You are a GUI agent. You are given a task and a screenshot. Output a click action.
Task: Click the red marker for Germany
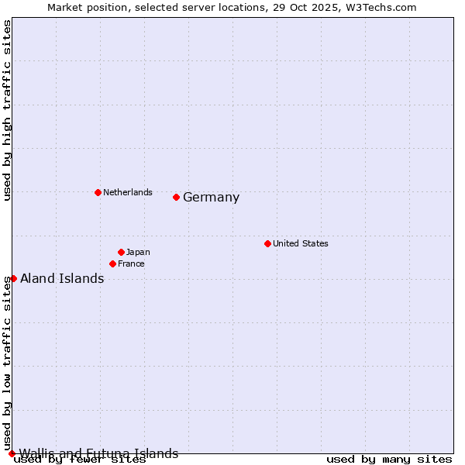177,197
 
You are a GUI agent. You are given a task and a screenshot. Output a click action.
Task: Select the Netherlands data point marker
98,192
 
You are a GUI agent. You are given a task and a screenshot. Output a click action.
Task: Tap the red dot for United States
267,243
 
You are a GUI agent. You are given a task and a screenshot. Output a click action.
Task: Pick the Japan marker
122,252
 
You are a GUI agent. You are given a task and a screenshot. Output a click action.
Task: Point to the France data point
113,263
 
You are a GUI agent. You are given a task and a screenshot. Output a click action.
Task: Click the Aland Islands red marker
13,278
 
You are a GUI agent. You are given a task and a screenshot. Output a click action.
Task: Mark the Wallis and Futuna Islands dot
12,453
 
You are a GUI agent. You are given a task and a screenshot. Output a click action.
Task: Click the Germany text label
211,198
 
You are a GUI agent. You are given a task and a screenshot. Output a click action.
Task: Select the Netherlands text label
128,192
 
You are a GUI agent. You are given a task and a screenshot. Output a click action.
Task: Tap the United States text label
301,243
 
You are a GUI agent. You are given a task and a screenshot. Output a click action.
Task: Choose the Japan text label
138,252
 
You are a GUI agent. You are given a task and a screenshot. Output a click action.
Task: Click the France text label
131,263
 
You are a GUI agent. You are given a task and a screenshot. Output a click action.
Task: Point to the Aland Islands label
62,279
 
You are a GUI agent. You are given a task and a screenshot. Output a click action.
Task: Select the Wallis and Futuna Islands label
98,453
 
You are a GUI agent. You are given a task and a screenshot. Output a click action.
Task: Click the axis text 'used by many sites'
389,460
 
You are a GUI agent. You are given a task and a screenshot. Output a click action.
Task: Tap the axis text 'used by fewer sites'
80,460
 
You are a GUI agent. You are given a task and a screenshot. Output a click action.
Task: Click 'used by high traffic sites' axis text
8,110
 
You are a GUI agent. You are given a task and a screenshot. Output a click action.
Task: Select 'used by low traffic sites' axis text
8,363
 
